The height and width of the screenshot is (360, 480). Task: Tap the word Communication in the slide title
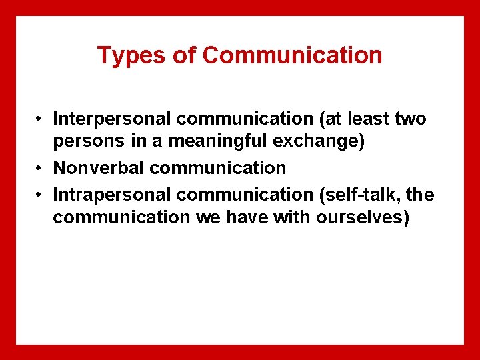292,55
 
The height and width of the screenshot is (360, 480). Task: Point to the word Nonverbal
99,167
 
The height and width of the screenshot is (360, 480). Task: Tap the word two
410,119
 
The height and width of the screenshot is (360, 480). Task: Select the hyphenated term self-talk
366,195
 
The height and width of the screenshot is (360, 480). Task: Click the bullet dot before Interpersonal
41,120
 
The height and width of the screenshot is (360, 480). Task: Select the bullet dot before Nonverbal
41,168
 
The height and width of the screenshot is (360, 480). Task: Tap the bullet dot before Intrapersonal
41,195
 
